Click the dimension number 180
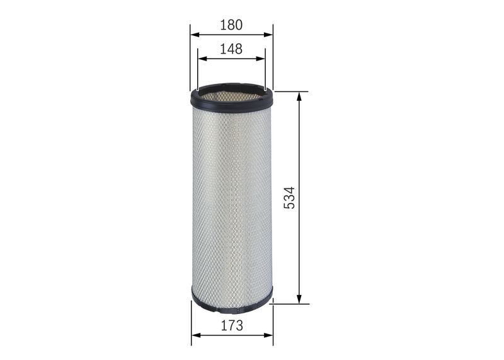(231, 25)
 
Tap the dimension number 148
(231, 49)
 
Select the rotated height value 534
(289, 197)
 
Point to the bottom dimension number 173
(232, 325)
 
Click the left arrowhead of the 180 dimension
(195, 35)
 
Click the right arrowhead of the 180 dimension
(268, 35)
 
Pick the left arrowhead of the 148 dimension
(202, 59)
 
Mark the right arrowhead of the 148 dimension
(261, 59)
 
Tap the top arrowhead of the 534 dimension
(299, 96)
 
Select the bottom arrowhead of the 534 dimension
(299, 299)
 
